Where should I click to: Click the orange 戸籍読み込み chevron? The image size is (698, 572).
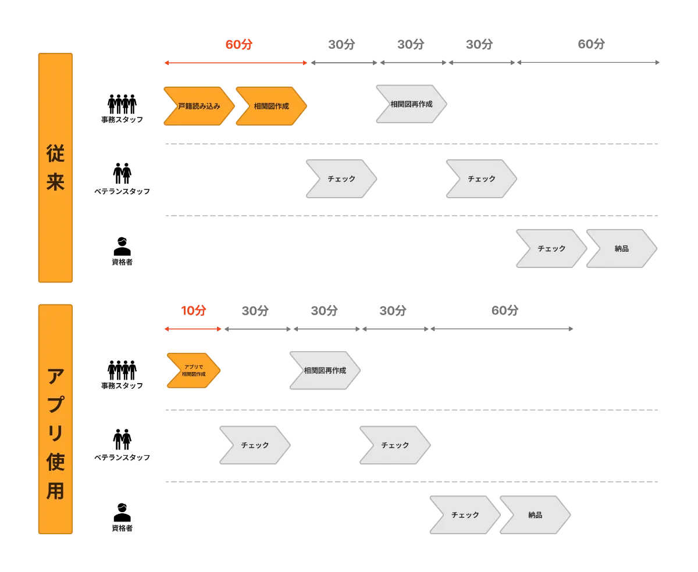[199, 106]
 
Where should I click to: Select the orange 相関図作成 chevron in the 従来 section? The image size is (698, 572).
[271, 106]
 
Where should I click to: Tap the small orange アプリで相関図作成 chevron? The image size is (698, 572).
[194, 370]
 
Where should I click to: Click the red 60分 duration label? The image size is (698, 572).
[238, 44]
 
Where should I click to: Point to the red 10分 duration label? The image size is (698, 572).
[194, 310]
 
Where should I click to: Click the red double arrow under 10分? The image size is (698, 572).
[193, 329]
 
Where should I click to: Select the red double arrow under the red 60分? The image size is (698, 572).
[236, 63]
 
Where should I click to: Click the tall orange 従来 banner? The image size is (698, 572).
[55, 168]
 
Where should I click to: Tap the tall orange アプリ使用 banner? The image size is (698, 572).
[55, 419]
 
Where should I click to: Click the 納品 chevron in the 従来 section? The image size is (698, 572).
[621, 248]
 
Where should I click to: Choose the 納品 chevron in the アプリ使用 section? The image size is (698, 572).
[535, 515]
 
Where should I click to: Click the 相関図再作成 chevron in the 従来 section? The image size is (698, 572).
[411, 104]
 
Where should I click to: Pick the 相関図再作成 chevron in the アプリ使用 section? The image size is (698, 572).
[325, 370]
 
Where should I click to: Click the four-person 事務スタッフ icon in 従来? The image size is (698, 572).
[122, 104]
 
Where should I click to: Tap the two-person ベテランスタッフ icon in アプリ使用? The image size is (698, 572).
[122, 439]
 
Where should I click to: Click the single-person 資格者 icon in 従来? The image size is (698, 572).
[122, 246]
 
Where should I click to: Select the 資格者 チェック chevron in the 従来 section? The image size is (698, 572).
[551, 248]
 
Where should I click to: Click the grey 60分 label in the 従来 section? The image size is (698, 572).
[591, 44]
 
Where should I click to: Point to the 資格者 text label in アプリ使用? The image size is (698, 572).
[122, 528]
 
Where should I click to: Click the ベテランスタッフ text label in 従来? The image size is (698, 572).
[122, 191]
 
